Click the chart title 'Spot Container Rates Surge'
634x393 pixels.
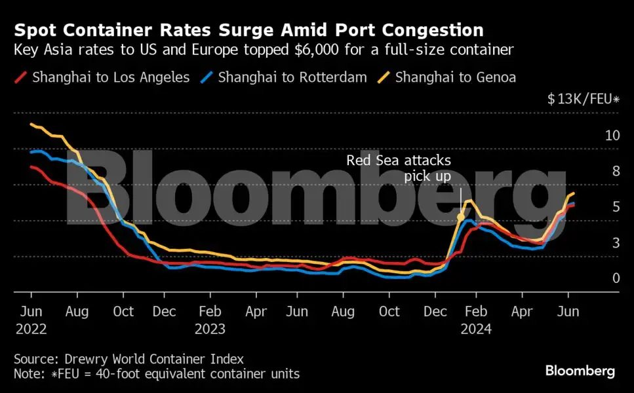tap(249, 30)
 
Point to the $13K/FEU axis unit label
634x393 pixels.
tap(584, 100)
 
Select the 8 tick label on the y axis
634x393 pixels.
tap(616, 171)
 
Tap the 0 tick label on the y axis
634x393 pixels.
tap(616, 278)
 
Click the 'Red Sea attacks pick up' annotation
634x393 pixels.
tap(399, 168)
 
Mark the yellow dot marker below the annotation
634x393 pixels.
tap(461, 217)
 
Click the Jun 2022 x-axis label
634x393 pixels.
tap(30, 319)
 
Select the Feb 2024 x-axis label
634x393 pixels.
tap(479, 319)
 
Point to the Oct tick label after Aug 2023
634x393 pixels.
tap(389, 311)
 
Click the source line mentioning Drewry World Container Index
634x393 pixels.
tap(129, 359)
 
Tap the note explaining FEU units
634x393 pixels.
tap(156, 374)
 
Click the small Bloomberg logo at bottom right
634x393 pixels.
tap(580, 371)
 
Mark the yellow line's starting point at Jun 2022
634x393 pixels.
tap(31, 124)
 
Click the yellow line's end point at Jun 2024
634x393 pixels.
tap(574, 193)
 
